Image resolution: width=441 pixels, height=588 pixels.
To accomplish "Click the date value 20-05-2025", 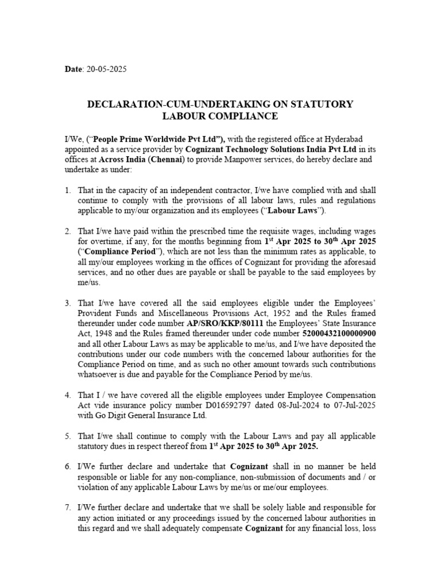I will (107, 69).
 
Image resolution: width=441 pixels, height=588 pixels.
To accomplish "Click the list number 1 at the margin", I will (67, 190).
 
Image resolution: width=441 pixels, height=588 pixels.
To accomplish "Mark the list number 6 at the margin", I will (67, 467).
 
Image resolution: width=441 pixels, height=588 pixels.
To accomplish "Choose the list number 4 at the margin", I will (67, 396).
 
